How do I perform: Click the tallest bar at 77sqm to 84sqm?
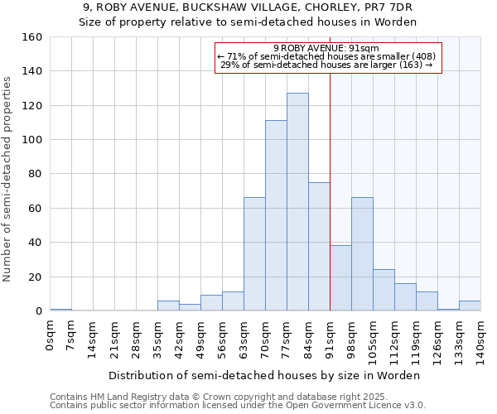click(297, 202)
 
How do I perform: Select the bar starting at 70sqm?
click(276, 215)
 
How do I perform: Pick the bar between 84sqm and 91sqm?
click(319, 247)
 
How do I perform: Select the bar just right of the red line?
click(340, 278)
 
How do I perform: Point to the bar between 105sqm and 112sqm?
click(384, 290)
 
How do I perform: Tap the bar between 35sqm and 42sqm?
click(168, 306)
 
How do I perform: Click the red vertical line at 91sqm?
click(331, 166)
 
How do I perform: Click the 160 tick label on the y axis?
click(31, 37)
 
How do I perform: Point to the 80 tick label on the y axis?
click(34, 174)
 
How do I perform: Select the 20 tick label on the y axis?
click(34, 277)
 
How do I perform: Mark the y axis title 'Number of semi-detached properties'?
click(8, 175)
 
